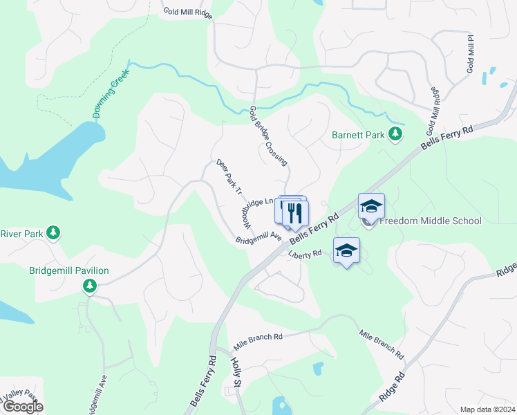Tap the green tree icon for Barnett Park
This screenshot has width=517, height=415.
point(395,133)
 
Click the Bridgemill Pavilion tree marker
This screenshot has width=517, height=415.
point(89,286)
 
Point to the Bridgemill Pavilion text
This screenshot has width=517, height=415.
point(69,270)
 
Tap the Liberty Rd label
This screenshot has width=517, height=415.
point(305,254)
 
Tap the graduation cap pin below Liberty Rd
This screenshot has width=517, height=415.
point(346,251)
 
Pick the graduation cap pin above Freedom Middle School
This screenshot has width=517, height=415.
point(370,206)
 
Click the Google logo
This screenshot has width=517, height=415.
point(23,407)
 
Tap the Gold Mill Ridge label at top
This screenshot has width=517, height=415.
point(187,12)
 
